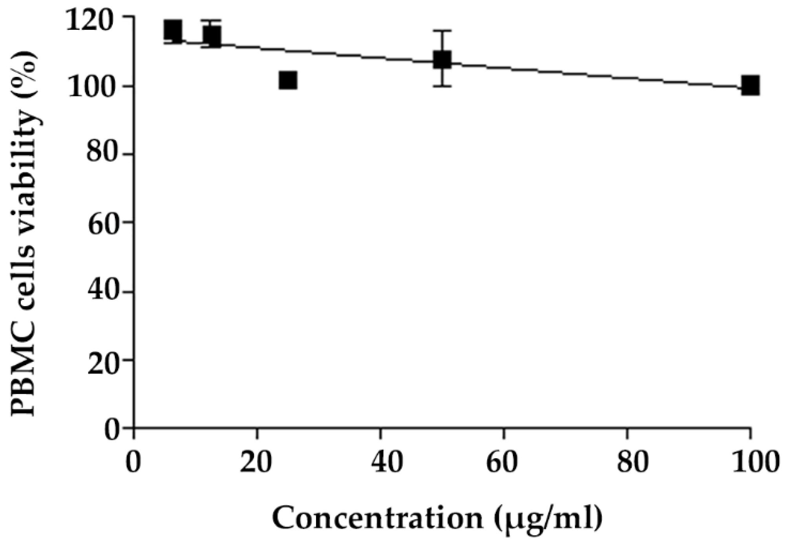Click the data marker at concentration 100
click(x=750, y=86)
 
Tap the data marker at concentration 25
click(x=288, y=80)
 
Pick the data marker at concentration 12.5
click(x=212, y=36)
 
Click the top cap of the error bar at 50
click(x=442, y=30)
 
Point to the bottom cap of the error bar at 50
click(x=442, y=86)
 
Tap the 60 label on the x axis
click(x=504, y=463)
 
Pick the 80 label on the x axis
click(x=627, y=463)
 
